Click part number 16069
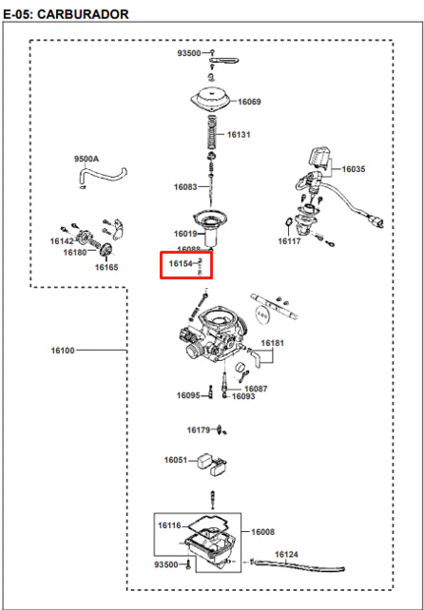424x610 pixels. tap(249, 102)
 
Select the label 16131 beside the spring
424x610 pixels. tap(239, 135)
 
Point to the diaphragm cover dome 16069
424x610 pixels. tap(212, 100)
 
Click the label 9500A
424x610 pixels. tap(87, 159)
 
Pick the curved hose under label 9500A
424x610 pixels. tap(102, 175)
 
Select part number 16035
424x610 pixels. tap(354, 169)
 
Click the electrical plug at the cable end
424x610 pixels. tap(376, 220)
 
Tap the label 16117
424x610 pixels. tap(289, 241)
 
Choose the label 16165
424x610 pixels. tap(106, 267)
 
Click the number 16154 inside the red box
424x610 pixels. tap(181, 264)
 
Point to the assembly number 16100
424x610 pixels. tap(63, 351)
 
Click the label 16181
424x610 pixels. tap(273, 343)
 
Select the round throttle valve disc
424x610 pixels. tap(262, 314)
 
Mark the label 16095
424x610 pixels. tap(188, 395)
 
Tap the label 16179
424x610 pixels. tap(199, 429)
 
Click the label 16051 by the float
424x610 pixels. tap(176, 460)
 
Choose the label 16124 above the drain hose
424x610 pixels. tap(286, 554)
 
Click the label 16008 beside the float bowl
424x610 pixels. tap(262, 532)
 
